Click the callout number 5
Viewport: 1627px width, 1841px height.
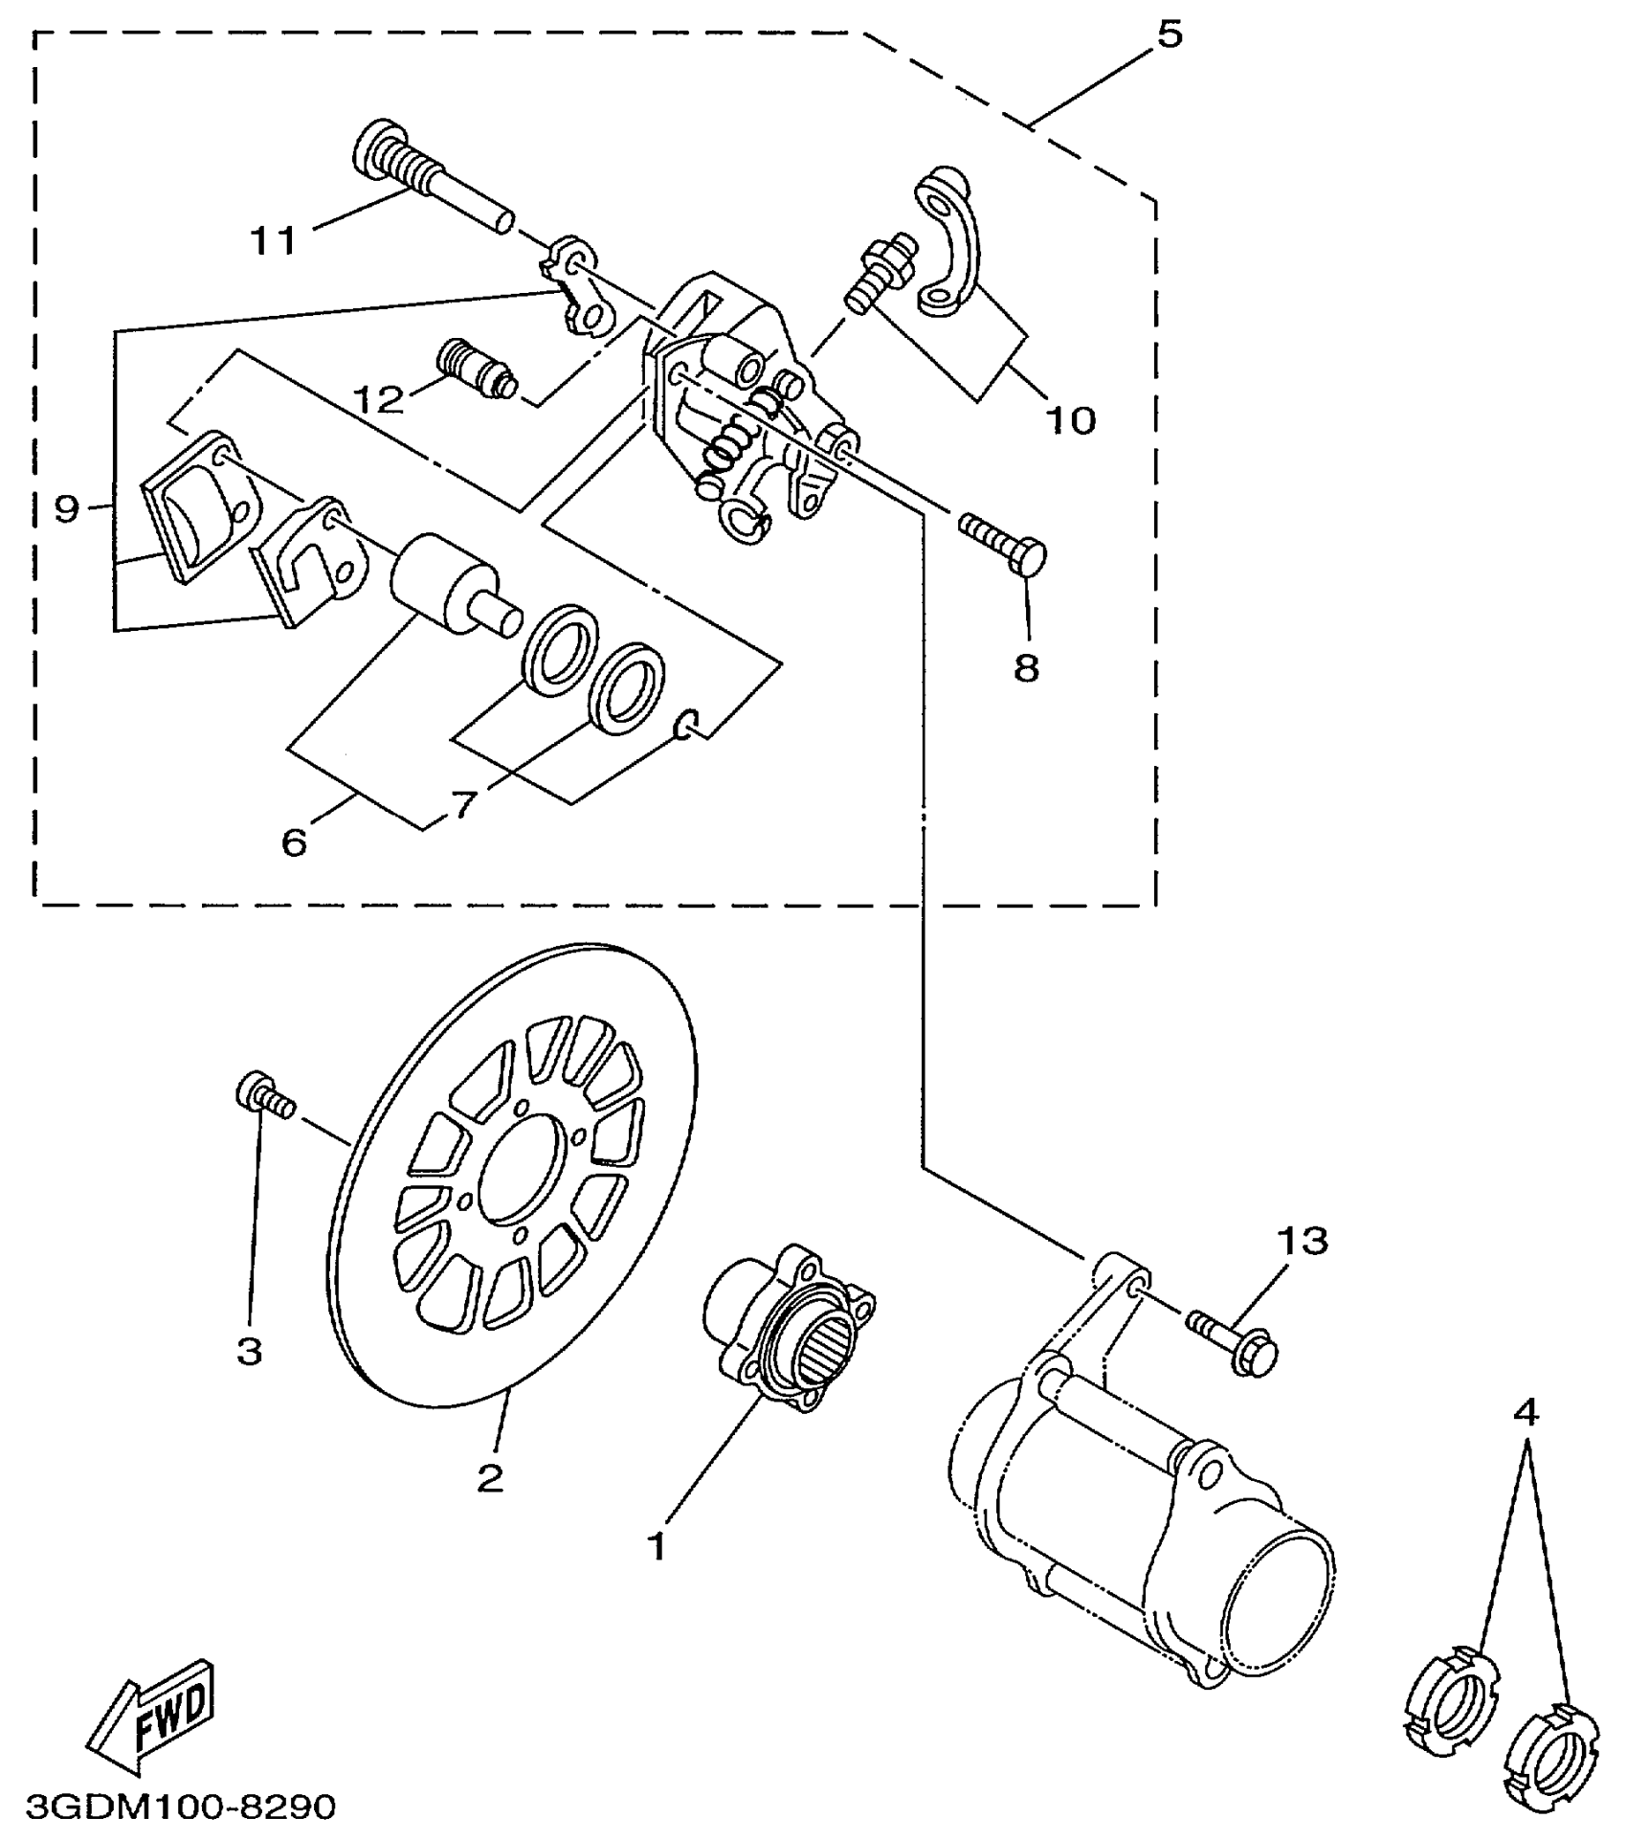pyautogui.click(x=1169, y=35)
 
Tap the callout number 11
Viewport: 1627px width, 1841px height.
pyautogui.click(x=274, y=240)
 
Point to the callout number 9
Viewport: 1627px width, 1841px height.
pyautogui.click(x=66, y=509)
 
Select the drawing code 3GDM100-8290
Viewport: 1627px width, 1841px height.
pyautogui.click(x=182, y=1807)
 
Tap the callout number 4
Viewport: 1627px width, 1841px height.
pyautogui.click(x=1527, y=1410)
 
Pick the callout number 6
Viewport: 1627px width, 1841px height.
pyautogui.click(x=294, y=842)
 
